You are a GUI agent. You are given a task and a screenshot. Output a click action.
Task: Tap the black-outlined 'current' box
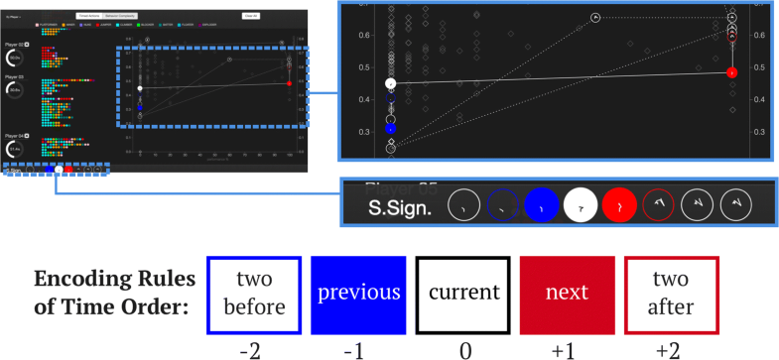tap(462, 294)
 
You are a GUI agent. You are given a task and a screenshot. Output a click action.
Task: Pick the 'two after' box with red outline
tap(675, 294)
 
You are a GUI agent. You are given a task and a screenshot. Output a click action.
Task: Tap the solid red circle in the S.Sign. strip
tap(619, 206)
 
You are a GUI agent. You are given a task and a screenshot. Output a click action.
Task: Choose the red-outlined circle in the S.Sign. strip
tap(660, 206)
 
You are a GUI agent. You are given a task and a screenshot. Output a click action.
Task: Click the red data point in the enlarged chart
tap(731, 72)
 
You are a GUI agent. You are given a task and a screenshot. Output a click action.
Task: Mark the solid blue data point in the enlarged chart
tap(390, 129)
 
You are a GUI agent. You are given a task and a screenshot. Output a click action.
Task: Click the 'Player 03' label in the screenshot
tap(13, 75)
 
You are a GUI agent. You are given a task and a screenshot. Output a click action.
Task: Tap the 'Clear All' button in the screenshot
tap(251, 16)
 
